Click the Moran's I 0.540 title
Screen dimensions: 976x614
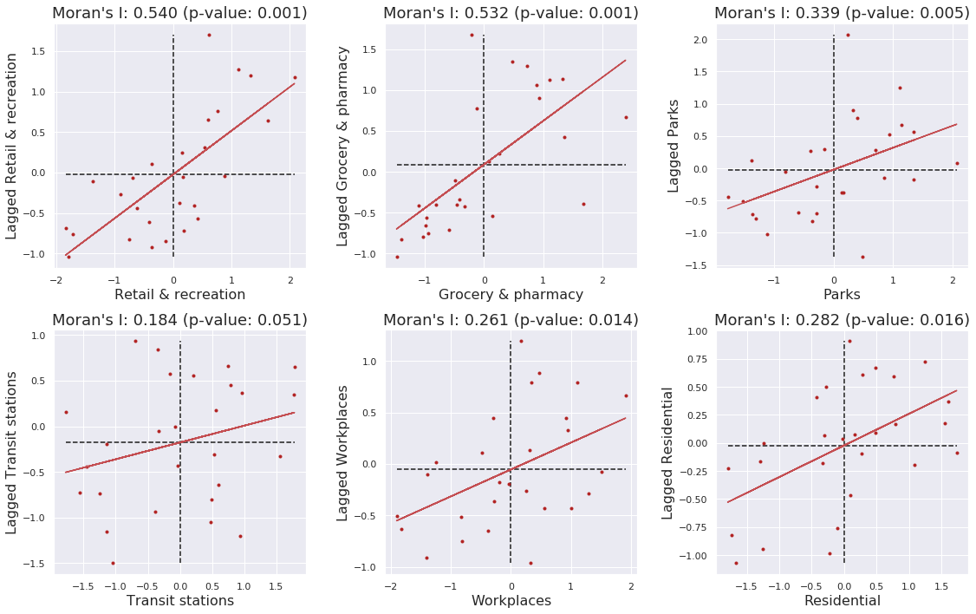pyautogui.click(x=179, y=12)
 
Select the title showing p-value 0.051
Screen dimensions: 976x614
pyautogui.click(x=179, y=319)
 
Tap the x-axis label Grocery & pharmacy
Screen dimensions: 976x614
pyautogui.click(x=511, y=294)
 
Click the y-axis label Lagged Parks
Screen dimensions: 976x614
pyautogui.click(x=673, y=145)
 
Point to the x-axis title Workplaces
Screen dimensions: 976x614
pyautogui.click(x=511, y=600)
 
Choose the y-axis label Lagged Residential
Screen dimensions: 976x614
pyautogui.click(x=667, y=454)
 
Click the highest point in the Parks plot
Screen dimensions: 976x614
pyautogui.click(x=848, y=35)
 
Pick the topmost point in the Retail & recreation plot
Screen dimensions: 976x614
pyautogui.click(x=209, y=35)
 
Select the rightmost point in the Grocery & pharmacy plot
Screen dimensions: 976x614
pyautogui.click(x=626, y=117)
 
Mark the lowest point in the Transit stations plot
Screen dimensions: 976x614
pyautogui.click(x=113, y=563)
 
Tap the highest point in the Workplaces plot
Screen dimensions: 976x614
pyautogui.click(x=521, y=341)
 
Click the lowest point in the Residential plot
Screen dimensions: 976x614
pyautogui.click(x=736, y=563)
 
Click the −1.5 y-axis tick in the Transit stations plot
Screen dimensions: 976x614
pyautogui.click(x=36, y=564)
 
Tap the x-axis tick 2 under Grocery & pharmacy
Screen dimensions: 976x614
pyautogui.click(x=602, y=279)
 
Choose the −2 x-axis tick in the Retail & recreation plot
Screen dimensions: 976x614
pyautogui.click(x=56, y=279)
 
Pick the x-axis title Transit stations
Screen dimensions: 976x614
pyautogui.click(x=180, y=600)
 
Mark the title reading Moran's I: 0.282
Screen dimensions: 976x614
pyautogui.click(x=842, y=319)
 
